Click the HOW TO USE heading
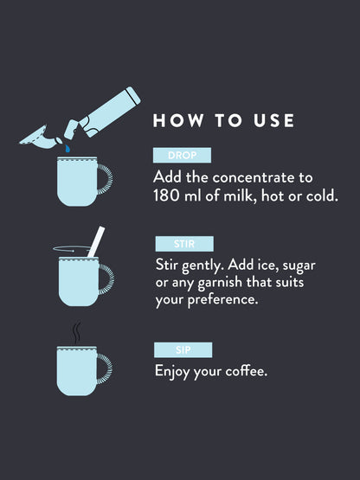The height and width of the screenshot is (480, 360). [x=223, y=120]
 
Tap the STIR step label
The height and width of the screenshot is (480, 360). [x=183, y=244]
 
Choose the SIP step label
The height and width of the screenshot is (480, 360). [x=183, y=350]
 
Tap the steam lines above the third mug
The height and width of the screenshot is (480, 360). [x=76, y=333]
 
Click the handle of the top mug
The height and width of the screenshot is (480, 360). [x=106, y=181]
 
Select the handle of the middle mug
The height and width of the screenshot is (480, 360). [x=106, y=281]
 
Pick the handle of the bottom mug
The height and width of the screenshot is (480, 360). [x=106, y=367]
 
